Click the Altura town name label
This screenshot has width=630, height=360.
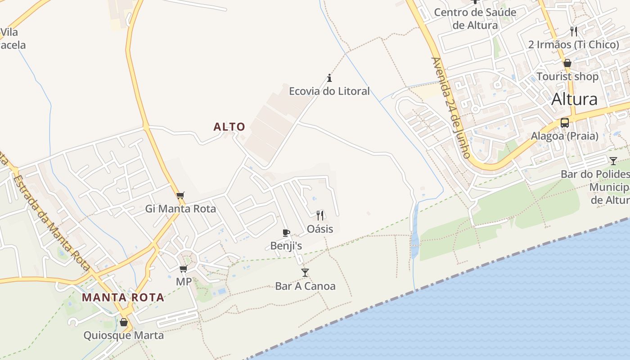(574, 99)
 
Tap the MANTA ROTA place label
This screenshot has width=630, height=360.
(123, 297)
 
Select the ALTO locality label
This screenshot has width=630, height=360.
(229, 127)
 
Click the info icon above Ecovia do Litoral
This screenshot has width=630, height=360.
(329, 78)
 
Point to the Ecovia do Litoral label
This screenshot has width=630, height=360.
(329, 91)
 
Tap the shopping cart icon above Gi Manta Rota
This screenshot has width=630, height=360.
(180, 195)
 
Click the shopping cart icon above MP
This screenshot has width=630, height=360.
(183, 269)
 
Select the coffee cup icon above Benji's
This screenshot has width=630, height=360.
(286, 233)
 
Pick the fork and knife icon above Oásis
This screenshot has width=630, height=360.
(320, 216)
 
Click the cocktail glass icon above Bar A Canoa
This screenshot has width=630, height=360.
(305, 272)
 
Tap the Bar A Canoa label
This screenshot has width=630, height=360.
(305, 286)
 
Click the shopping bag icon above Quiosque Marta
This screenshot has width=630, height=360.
(124, 322)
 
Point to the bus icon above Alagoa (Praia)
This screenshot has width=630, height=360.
(564, 122)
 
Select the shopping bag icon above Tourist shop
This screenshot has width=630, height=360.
(567, 63)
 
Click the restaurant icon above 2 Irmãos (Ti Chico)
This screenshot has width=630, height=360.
(573, 31)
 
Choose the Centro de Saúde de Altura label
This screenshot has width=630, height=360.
(475, 18)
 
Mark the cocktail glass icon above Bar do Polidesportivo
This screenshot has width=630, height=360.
(613, 161)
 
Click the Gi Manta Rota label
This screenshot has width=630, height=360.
(180, 209)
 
